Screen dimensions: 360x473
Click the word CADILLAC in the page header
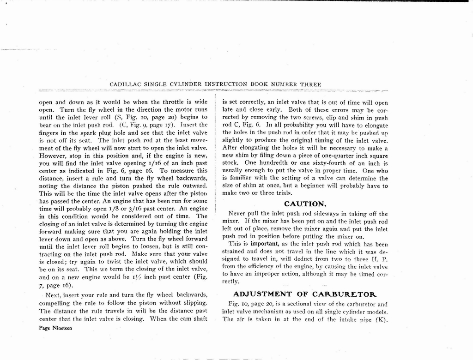125,84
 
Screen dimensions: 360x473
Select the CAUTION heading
305,204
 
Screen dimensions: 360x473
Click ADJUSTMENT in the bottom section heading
262,294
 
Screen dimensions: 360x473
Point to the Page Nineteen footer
55,328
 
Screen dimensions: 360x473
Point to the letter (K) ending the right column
381,319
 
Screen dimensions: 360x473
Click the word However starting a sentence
52,155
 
